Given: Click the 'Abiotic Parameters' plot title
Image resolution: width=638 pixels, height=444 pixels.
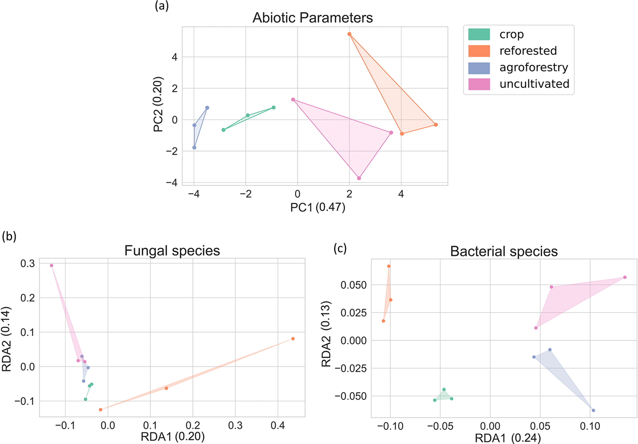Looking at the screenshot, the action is coord(313,18).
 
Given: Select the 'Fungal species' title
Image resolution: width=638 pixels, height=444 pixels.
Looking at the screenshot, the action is coord(172,251).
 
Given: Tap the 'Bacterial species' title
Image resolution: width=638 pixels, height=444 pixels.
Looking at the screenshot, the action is coord(504,252).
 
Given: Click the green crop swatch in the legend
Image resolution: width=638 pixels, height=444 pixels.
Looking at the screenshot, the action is coord(479,34).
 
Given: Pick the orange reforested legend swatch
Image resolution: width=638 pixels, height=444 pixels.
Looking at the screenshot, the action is coord(479,51).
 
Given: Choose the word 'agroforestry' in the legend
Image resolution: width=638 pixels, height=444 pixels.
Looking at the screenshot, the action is coord(534,68).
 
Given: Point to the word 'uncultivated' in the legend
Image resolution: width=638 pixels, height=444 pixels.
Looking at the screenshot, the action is coord(534,84).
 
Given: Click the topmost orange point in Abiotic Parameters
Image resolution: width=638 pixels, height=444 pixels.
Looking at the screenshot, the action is coord(349,34).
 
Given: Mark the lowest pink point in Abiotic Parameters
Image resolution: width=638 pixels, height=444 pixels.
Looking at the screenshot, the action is coord(359,178).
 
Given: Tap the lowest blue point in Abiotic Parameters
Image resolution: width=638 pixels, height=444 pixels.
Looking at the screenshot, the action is coord(194,148).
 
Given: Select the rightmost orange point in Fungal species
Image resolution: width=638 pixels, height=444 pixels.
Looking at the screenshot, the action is coord(293,339).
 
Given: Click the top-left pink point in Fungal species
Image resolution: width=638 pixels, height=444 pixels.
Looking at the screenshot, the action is coord(52,266).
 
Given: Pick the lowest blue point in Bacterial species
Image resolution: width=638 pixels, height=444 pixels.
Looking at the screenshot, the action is coord(593,410).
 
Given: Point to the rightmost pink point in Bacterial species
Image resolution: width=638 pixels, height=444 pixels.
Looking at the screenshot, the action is coord(625,277).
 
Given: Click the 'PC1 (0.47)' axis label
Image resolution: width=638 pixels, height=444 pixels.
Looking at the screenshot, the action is coord(317,207).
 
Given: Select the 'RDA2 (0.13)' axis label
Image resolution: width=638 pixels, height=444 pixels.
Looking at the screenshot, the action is coord(326,334).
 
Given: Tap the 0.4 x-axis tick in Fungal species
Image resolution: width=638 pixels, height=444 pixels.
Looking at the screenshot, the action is coord(278,426).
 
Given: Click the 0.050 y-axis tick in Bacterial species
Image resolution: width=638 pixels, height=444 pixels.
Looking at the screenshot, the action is coord(353,285).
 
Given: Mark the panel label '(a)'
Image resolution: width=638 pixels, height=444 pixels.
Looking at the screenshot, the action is coord(162,6).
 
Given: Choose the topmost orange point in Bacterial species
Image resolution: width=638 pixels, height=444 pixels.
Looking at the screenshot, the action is coord(389,266).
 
